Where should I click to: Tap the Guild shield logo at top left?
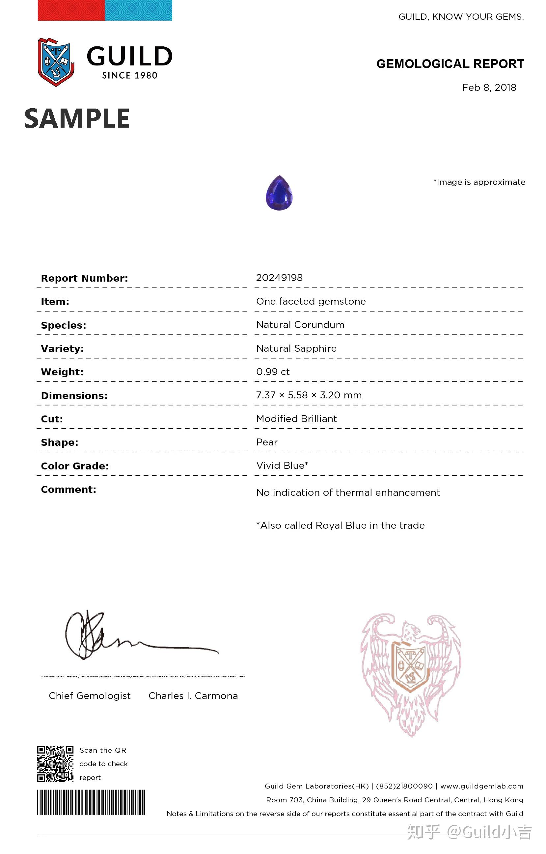(x=56, y=62)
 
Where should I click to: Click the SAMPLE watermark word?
(x=77, y=118)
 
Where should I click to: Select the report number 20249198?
(x=279, y=278)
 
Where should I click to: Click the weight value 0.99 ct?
(x=273, y=372)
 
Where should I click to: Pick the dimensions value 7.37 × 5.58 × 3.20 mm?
(x=309, y=395)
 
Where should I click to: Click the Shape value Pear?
(x=267, y=442)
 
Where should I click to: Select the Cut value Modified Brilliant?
(x=296, y=419)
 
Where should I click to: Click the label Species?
(x=64, y=325)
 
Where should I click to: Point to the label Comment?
(x=68, y=490)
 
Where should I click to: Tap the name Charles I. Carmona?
(x=193, y=696)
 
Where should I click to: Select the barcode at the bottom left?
(x=91, y=802)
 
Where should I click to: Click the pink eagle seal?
(x=411, y=670)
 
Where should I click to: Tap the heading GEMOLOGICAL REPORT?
(x=450, y=64)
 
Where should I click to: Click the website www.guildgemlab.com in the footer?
(x=482, y=786)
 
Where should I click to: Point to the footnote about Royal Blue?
(x=341, y=525)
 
